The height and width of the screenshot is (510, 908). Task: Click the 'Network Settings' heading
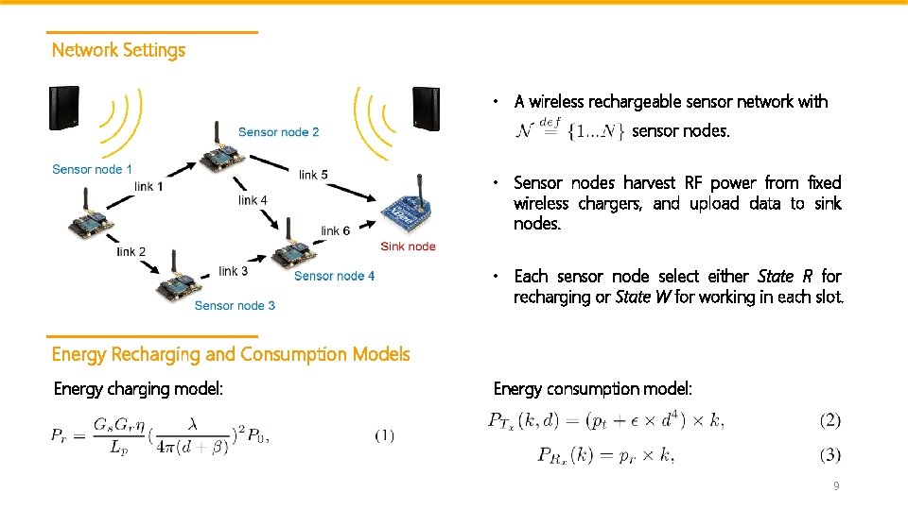tap(118, 50)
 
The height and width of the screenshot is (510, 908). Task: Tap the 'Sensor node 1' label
tap(92, 169)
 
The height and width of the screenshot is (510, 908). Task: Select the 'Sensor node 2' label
tap(278, 132)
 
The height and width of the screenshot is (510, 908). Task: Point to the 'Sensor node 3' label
tap(235, 305)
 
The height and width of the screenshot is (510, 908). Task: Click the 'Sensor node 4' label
tap(334, 276)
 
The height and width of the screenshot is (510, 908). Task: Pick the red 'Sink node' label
tap(408, 246)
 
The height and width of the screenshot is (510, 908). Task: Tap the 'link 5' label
tap(313, 175)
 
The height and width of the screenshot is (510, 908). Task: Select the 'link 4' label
tap(253, 200)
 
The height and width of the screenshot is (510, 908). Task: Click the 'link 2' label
tap(131, 252)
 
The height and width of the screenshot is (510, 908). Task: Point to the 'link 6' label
tap(335, 230)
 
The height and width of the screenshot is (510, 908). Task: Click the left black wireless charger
tap(64, 108)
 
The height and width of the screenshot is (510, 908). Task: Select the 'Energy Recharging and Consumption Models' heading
tap(231, 354)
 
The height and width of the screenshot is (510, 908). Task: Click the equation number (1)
tap(385, 435)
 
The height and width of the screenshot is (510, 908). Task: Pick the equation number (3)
tap(829, 455)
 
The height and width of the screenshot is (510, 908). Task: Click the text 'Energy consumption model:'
tap(593, 388)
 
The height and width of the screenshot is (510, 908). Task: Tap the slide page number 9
tap(835, 486)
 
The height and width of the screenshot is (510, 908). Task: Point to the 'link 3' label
tap(233, 271)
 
